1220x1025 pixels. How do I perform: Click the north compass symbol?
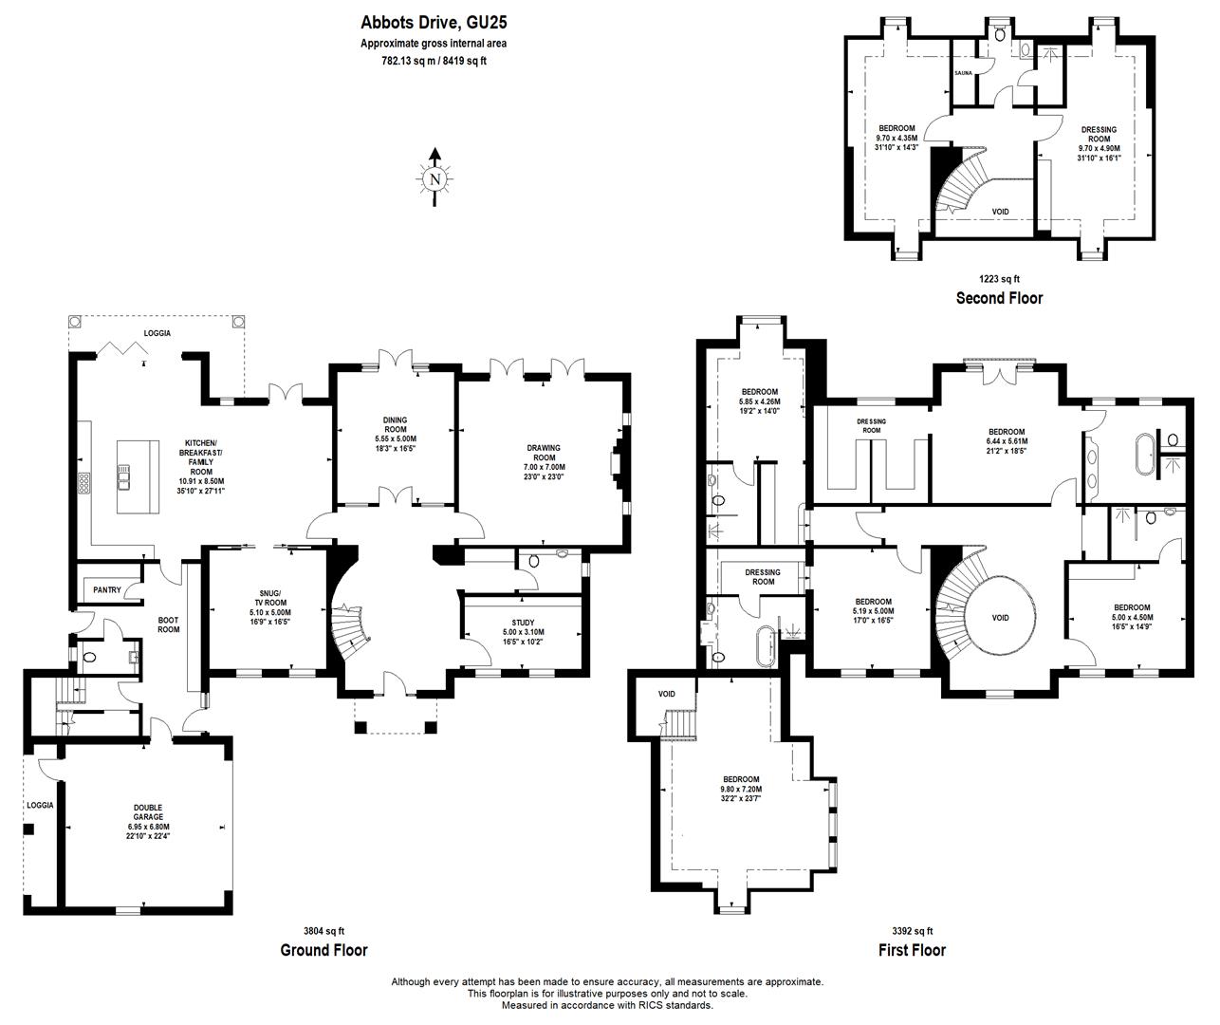pyautogui.click(x=434, y=177)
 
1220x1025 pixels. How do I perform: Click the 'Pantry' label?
pyautogui.click(x=107, y=590)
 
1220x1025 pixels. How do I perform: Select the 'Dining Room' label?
pyautogui.click(x=395, y=433)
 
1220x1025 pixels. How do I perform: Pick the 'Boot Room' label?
pyautogui.click(x=168, y=624)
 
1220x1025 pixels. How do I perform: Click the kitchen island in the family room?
pyautogui.click(x=135, y=475)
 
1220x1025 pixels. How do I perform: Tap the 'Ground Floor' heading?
pyautogui.click(x=323, y=950)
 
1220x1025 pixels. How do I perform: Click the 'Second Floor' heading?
pyautogui.click(x=999, y=298)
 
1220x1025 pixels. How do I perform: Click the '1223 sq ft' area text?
pyautogui.click(x=999, y=279)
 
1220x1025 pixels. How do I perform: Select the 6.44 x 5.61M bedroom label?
pyautogui.click(x=1006, y=441)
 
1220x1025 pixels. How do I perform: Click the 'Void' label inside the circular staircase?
pyautogui.click(x=1000, y=618)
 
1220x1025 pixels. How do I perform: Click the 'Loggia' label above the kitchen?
pyautogui.click(x=157, y=333)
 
